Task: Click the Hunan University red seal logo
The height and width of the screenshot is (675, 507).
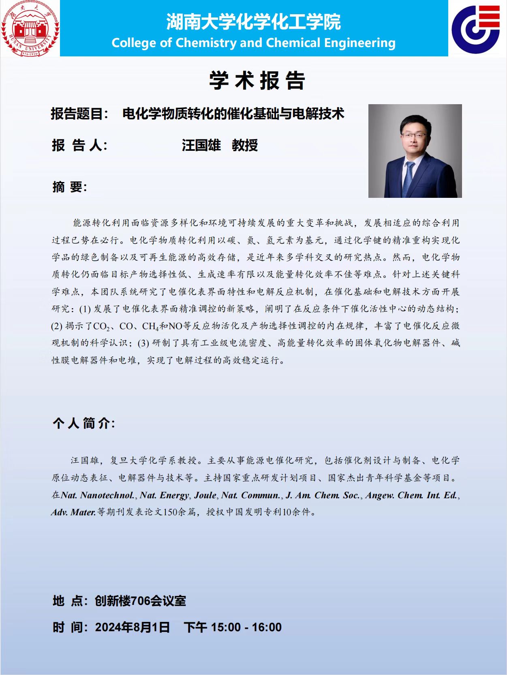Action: click(30, 28)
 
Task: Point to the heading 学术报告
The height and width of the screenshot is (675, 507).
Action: click(257, 80)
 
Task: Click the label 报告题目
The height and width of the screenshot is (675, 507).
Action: click(79, 114)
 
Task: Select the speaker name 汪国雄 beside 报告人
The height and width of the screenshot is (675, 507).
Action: click(201, 145)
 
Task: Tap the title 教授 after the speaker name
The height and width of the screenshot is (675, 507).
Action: click(245, 145)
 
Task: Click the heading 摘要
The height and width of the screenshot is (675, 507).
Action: click(69, 187)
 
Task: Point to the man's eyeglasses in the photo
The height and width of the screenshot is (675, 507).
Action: click(414, 135)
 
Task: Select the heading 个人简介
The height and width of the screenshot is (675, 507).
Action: click(83, 423)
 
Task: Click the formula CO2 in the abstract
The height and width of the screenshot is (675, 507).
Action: click(101, 326)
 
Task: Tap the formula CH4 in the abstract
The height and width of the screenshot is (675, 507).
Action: click(150, 326)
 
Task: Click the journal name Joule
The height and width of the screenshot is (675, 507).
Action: click(205, 495)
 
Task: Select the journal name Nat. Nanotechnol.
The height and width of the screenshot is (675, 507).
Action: click(98, 495)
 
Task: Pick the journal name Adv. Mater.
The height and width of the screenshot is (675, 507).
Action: click(73, 512)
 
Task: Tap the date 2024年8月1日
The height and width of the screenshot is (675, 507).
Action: click(133, 627)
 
